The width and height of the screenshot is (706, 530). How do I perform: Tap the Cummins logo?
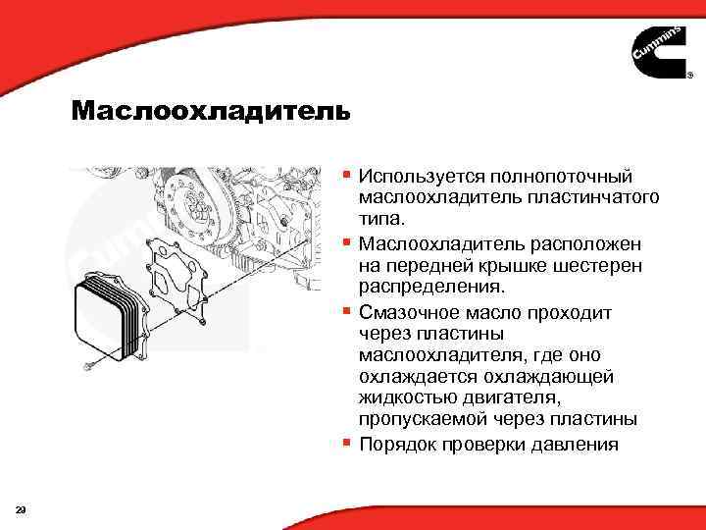click(658, 54)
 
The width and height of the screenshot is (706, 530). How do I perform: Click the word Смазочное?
click(407, 311)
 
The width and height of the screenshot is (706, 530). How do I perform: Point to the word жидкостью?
click(401, 397)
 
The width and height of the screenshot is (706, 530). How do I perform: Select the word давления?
click(578, 445)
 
